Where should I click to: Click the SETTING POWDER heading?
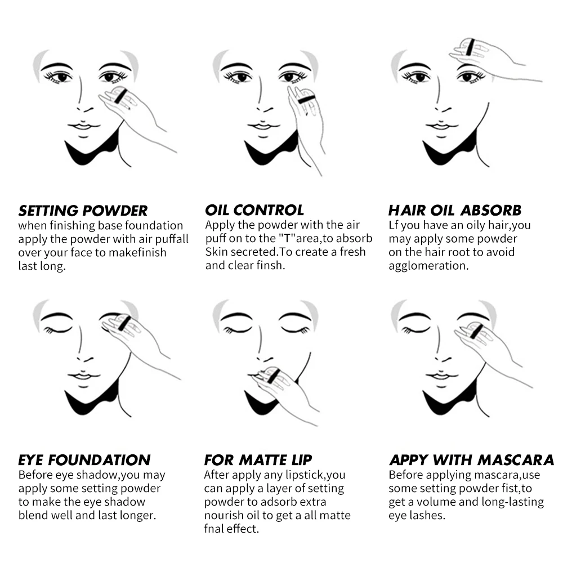click(x=83, y=211)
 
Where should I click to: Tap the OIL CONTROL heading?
click(x=254, y=211)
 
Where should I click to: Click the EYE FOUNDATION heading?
click(x=84, y=460)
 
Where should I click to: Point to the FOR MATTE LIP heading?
click(x=258, y=460)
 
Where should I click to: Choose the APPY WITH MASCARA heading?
click(x=471, y=460)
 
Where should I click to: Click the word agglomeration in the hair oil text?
click(x=428, y=266)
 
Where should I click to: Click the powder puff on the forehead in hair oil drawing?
click(x=470, y=48)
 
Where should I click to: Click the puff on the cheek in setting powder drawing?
click(x=120, y=95)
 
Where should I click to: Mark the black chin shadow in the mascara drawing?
click(x=448, y=400)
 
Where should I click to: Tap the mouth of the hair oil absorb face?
click(x=441, y=127)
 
